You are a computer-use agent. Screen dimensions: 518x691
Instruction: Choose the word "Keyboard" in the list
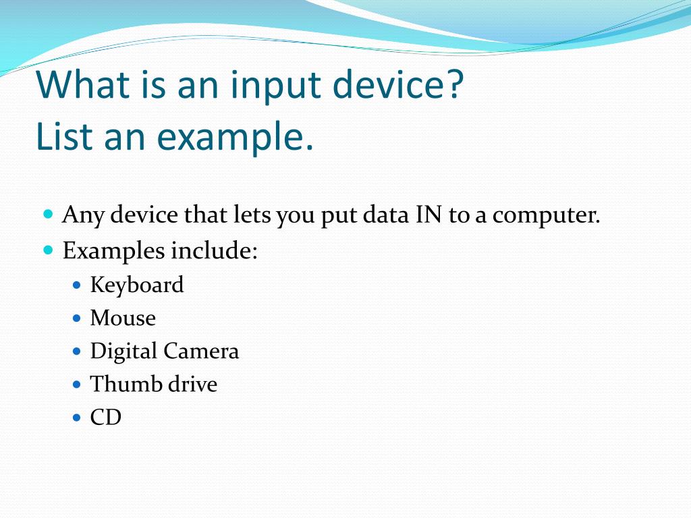point(137,285)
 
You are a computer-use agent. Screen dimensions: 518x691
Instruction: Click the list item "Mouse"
point(123,318)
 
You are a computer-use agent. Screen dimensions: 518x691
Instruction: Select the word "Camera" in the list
point(209,351)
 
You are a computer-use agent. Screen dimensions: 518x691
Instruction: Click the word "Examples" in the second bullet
point(113,252)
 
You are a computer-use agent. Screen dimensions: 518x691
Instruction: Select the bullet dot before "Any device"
point(47,215)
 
